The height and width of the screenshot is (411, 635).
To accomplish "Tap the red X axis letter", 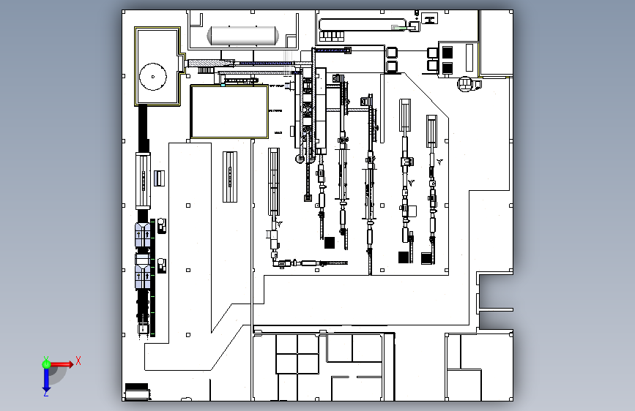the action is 78,361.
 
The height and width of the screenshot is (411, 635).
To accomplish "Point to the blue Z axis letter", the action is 45,393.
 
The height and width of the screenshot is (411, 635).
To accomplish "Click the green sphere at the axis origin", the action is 46,363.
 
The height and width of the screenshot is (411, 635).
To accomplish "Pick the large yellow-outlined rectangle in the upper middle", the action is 229,112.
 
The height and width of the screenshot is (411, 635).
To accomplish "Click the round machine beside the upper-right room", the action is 465,83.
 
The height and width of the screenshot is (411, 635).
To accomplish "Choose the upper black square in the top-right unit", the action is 446,52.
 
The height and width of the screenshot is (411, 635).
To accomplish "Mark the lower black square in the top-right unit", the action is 446,67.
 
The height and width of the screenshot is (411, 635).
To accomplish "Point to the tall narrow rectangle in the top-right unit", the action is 469,59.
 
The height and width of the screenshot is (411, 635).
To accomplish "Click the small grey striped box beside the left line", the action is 159,178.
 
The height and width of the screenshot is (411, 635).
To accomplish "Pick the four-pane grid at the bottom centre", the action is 297,353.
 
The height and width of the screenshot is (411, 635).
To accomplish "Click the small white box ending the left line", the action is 142,330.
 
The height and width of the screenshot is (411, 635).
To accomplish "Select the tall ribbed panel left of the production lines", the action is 231,176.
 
